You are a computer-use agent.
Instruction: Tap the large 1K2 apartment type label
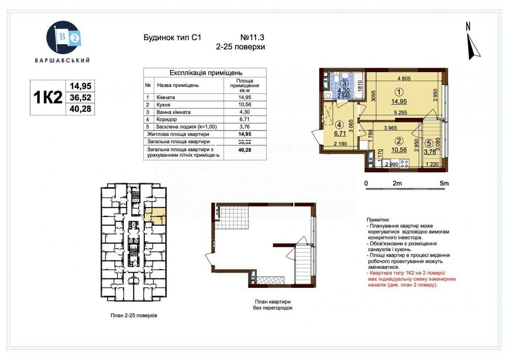coord(47,97)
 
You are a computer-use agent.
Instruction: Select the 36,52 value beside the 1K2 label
coord(80,97)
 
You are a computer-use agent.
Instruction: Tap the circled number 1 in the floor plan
coord(399,92)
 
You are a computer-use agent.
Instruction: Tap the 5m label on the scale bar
coord(444,183)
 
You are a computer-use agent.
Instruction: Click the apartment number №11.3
coord(252,38)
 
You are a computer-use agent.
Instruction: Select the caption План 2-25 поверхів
coord(134,315)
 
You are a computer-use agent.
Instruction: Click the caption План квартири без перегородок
coord(272,305)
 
